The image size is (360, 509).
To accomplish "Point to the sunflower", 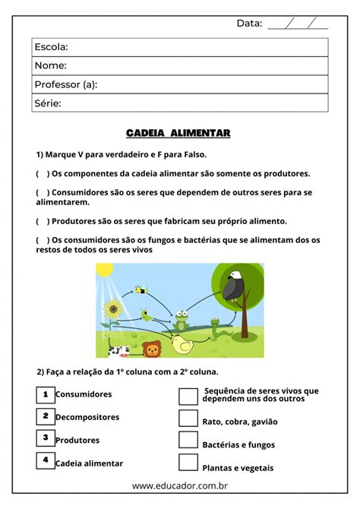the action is tap(115, 310).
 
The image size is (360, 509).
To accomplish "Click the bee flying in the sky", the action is tap(141, 289).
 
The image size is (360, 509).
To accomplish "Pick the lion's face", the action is tap(153, 349).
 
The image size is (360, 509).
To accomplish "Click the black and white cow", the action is tap(118, 350).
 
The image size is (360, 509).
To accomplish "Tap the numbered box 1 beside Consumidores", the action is tap(46, 394).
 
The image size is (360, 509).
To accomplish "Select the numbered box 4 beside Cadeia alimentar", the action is tap(46, 460).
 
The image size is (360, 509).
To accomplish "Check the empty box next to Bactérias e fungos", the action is tap(188, 440).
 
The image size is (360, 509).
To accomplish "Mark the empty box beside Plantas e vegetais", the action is tap(188, 463).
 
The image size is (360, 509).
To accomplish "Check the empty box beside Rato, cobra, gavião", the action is tap(188, 418).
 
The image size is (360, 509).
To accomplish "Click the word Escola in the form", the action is tap(52, 48).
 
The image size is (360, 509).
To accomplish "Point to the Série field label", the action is tap(48, 103).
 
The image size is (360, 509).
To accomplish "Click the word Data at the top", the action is tap(249, 23).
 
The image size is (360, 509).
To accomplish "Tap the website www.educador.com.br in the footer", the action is tap(181, 485).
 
